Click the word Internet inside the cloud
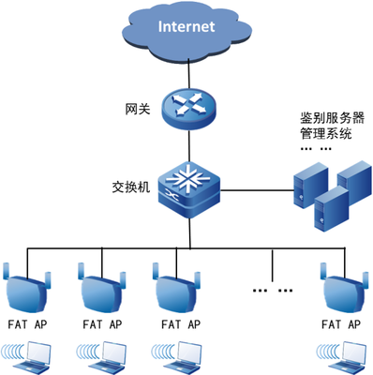[186, 27]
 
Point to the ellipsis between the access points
[273, 291]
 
